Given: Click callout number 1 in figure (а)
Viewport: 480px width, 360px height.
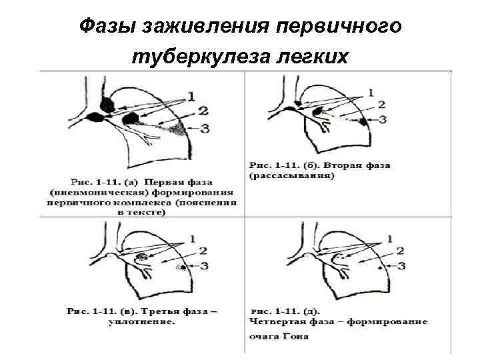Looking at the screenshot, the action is tap(191, 97).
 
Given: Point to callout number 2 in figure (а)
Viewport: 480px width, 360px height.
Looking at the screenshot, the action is tap(203, 111).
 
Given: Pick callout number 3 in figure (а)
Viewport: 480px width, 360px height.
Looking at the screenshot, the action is tap(205, 128).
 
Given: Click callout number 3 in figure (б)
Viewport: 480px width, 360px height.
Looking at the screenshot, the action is tap(383, 119).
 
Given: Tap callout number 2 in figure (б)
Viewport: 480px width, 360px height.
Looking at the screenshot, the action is tap(381, 105).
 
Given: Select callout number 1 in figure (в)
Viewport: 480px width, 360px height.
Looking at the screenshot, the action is tap(193, 239).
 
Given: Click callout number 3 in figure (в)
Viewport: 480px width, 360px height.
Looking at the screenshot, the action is tap(204, 266).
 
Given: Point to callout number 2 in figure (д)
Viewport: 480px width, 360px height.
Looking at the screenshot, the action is tap(400, 251).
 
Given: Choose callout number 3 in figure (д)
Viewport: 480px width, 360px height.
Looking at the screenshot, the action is tap(401, 266).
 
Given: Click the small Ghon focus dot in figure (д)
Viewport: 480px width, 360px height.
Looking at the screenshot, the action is tap(380, 268).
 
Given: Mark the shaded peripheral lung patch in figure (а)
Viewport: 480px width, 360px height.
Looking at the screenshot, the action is tap(177, 129).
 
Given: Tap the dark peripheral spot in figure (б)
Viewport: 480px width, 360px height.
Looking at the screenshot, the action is tap(363, 122).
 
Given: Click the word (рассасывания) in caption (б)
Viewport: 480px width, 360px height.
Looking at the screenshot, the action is tap(291, 176).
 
